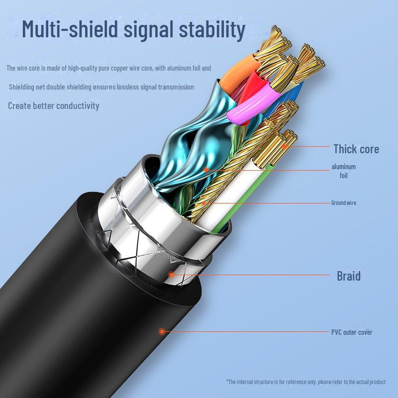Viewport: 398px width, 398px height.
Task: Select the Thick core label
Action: [356, 149]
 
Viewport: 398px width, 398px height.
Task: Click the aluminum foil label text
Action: [344, 171]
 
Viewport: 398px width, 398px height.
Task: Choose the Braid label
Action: [348, 276]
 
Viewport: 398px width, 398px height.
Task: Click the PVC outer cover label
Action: [352, 332]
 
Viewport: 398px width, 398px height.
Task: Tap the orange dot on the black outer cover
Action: [162, 331]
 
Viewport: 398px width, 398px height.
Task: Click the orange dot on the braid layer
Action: [171, 274]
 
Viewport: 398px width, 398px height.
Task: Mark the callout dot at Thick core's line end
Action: [285, 146]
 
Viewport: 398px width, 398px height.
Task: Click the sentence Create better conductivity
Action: [54, 105]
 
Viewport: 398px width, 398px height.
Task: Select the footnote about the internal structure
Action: [306, 382]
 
